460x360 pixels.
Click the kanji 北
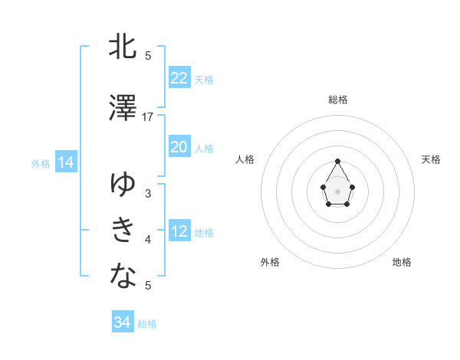123,47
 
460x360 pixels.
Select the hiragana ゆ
123,185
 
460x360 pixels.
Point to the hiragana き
123,229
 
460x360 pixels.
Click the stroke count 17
148,117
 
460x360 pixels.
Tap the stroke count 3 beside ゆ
148,194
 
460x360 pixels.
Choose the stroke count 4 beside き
148,240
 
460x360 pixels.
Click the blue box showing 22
179,77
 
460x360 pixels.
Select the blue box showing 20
179,147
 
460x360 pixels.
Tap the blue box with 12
179,231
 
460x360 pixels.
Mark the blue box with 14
64,162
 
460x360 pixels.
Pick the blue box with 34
122,322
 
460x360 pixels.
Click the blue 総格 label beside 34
147,324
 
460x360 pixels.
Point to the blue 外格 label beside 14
41,164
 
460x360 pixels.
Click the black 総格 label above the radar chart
338,100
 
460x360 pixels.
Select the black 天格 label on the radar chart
431,159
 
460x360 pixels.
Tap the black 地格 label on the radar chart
402,262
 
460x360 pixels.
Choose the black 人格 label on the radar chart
245,159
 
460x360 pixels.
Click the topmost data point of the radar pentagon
338,161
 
